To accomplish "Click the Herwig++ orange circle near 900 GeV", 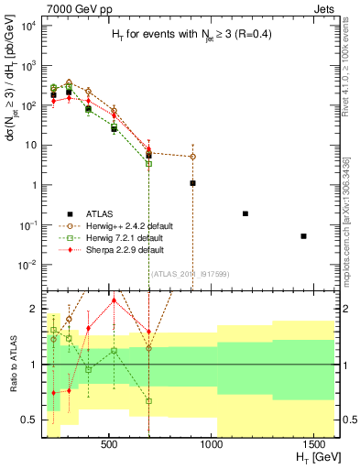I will point(192,157).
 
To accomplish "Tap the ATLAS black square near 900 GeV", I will point(192,183).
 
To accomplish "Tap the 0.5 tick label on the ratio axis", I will point(28,420).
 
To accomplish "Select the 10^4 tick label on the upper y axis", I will point(26,26).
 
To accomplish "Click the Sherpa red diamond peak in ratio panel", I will point(114,300).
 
